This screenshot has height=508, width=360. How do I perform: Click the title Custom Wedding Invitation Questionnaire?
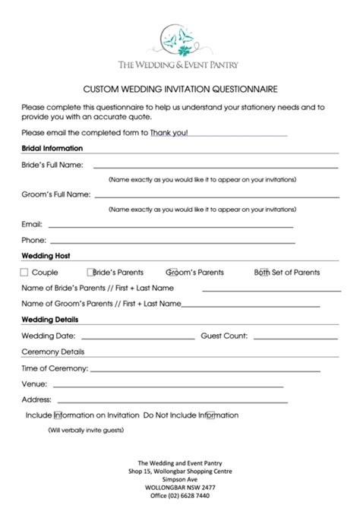tap(180, 88)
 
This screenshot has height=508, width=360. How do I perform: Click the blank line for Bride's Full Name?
tap(215, 166)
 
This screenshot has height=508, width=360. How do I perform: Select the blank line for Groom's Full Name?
tap(215, 195)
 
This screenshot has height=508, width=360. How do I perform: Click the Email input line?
tap(169, 226)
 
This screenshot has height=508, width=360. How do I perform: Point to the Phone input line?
tap(172, 241)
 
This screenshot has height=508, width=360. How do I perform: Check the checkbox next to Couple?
tap(24, 273)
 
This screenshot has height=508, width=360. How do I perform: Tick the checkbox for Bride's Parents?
tap(90, 273)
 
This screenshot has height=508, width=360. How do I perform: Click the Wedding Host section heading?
tap(46, 256)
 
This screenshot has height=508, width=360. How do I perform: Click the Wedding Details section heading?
tap(50, 320)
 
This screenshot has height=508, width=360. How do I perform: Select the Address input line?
tap(172, 402)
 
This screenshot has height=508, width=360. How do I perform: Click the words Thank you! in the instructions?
tap(169, 133)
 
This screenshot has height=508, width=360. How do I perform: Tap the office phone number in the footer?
tap(180, 496)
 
